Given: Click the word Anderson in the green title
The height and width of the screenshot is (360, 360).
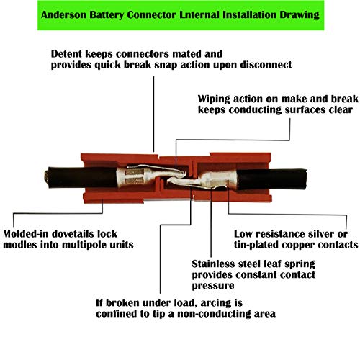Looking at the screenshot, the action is pos(63,14).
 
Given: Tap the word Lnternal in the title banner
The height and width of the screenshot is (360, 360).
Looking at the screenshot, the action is pos(199,14).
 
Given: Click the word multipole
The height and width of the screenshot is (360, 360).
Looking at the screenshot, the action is pos(84,245).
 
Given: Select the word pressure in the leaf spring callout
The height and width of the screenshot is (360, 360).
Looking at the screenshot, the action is pos(213,286).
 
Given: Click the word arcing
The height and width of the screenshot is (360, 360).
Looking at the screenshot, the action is pos(215,303).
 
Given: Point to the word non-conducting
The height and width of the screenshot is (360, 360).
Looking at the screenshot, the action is pos(222,314).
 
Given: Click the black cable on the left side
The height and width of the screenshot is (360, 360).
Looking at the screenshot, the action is pos(81,177).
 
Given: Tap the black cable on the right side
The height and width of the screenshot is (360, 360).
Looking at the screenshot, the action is pos(271,179).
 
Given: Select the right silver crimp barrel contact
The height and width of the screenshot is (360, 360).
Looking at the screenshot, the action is pos(220,179).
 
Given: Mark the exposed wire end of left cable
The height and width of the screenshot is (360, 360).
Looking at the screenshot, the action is pos(47,178).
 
